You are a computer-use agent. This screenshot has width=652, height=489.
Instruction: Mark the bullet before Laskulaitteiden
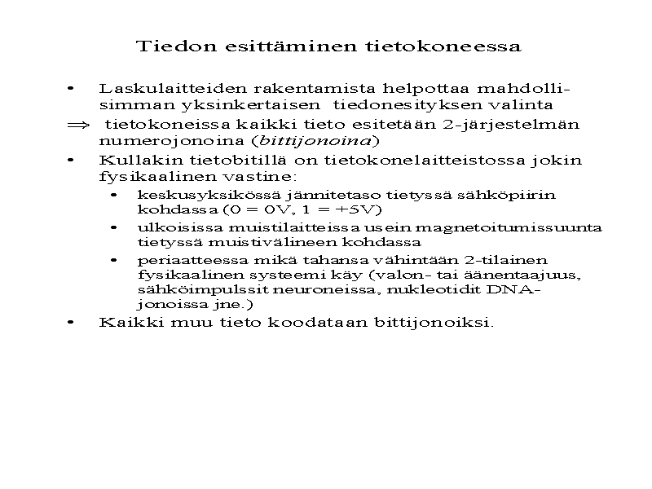point(73,87)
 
